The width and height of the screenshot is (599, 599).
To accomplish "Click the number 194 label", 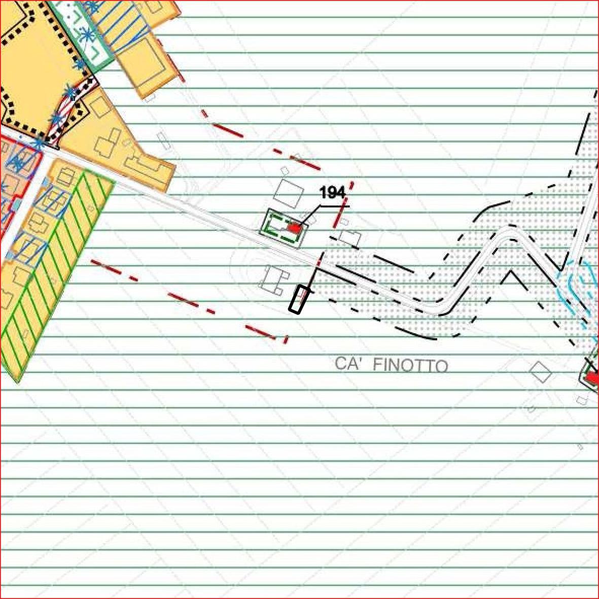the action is [x=332, y=193].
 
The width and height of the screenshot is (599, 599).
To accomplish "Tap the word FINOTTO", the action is [x=410, y=365].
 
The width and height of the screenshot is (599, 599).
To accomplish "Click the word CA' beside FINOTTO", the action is [x=348, y=363].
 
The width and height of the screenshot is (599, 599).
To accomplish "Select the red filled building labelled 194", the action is [x=295, y=228].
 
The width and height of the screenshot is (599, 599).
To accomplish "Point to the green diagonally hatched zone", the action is [x=53, y=264].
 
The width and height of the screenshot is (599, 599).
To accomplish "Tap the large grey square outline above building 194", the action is [x=289, y=194].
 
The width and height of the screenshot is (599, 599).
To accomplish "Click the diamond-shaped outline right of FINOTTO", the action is [x=540, y=372].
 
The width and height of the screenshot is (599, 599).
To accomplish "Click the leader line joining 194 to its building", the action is [x=309, y=216].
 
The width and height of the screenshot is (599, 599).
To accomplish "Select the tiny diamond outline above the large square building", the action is [x=284, y=170].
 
